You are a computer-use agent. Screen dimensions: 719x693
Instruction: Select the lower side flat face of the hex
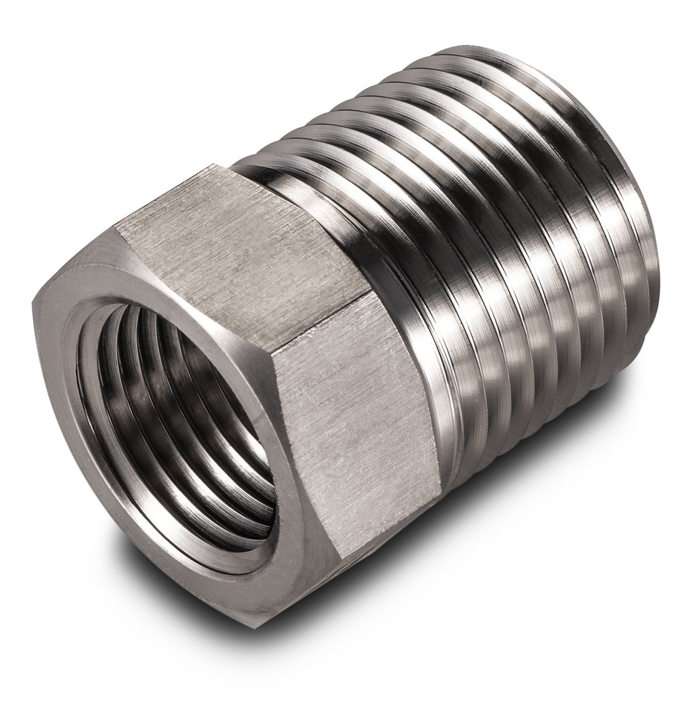(359, 400)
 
